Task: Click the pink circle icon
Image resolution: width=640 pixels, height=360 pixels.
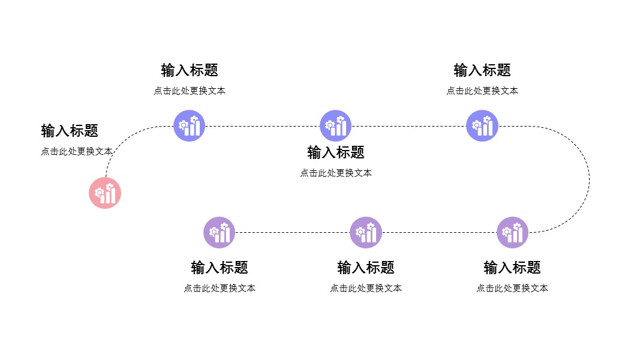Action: [105, 193]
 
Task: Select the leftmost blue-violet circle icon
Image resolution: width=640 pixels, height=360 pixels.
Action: [190, 126]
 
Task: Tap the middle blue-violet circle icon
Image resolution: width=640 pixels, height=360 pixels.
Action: [335, 126]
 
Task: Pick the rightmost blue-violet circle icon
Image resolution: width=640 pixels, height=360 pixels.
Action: [482, 126]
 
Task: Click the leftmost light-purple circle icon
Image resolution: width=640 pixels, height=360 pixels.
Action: [219, 232]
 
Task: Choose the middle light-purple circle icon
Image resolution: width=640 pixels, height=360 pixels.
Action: [366, 232]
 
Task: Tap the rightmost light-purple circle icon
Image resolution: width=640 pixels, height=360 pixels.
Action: [512, 232]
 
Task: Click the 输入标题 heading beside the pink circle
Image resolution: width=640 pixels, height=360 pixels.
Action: [70, 131]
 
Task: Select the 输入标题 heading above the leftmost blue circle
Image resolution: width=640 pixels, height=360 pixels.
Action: [190, 70]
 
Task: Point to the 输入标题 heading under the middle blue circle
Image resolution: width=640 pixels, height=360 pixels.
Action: [336, 152]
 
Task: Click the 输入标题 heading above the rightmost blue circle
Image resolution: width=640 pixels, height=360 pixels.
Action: [482, 70]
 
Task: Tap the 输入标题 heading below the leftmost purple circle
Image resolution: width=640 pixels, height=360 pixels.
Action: [220, 268]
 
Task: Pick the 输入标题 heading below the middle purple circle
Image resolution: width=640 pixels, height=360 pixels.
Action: [366, 268]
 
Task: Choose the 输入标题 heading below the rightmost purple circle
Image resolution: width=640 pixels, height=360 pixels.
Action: [512, 268]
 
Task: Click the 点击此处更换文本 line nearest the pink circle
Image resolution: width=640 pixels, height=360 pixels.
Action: [77, 151]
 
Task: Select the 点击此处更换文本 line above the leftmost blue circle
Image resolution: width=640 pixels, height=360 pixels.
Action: [190, 91]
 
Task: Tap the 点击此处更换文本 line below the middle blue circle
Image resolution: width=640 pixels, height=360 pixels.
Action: [336, 173]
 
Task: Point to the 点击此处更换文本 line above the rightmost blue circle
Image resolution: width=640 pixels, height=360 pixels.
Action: [482, 91]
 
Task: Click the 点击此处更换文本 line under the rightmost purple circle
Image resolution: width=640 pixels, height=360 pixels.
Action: [512, 288]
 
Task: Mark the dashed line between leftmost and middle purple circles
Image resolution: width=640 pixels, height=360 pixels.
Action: [292, 232]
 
